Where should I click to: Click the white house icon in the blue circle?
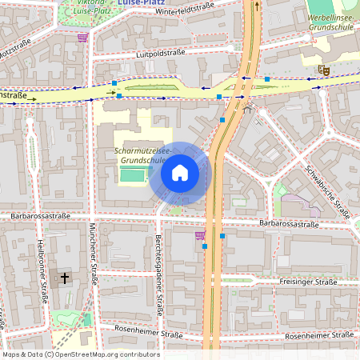point(179,173)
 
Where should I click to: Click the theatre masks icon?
point(324,70)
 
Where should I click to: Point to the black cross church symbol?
point(64,278)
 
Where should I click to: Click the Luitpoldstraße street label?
point(161,54)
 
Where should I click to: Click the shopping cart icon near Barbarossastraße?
point(199,235)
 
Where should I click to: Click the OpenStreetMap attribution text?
point(81,354)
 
